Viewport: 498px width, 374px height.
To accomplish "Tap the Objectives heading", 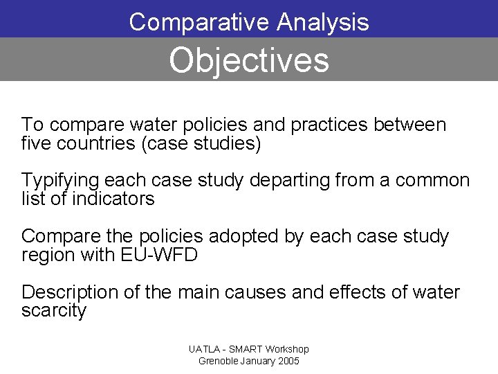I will point(249,60).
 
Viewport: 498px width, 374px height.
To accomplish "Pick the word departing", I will point(288,181).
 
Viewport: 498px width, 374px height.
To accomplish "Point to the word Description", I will point(70,292).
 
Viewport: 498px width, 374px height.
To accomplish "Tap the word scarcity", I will point(54,311).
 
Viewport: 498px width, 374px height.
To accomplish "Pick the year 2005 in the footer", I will point(287,362).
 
